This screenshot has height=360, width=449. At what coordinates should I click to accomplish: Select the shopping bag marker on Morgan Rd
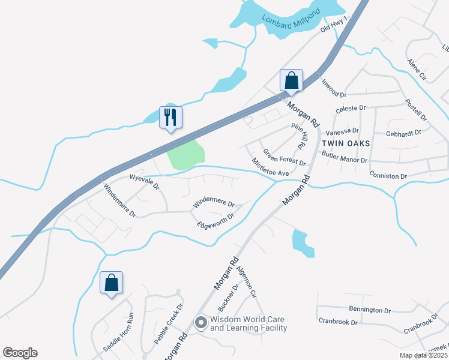pos(291,80)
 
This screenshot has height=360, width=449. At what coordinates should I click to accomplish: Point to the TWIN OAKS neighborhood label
pos(346,143)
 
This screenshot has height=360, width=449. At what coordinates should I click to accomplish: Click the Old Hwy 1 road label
pos(334,24)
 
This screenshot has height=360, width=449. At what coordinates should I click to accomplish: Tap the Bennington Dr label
pos(370,310)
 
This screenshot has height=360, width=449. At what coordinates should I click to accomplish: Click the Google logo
pos(20,353)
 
